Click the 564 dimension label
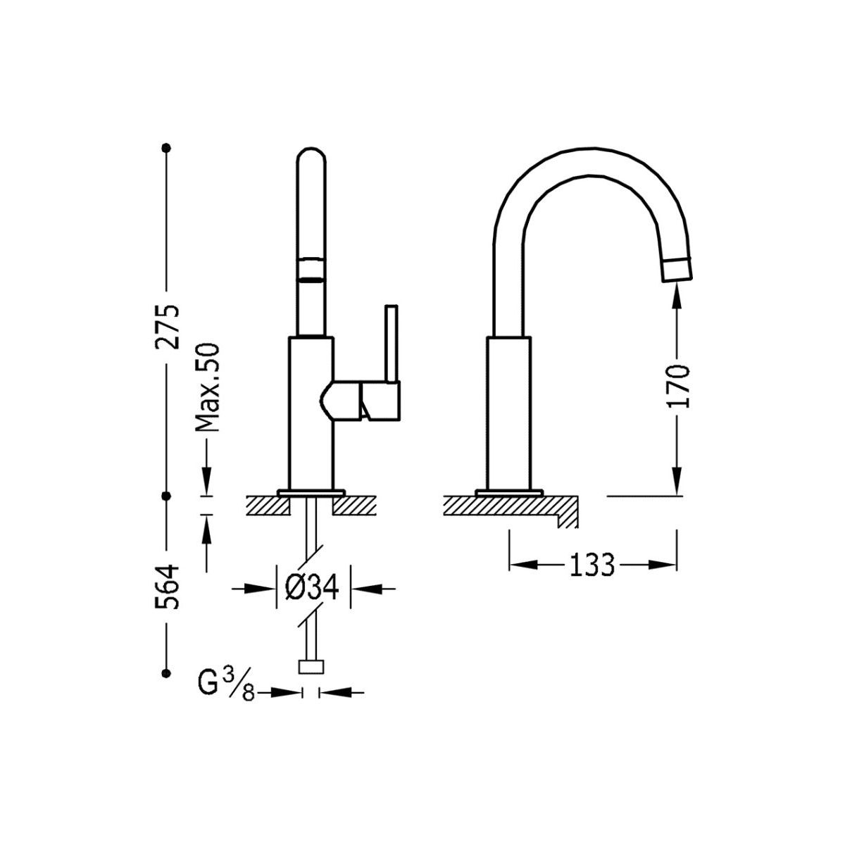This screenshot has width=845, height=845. point(167,587)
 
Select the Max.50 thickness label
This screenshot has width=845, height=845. point(206,387)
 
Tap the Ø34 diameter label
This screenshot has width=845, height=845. point(312,587)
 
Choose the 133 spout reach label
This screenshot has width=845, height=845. point(592,565)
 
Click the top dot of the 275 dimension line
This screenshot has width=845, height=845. point(166,148)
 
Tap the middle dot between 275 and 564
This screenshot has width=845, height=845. point(166,496)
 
